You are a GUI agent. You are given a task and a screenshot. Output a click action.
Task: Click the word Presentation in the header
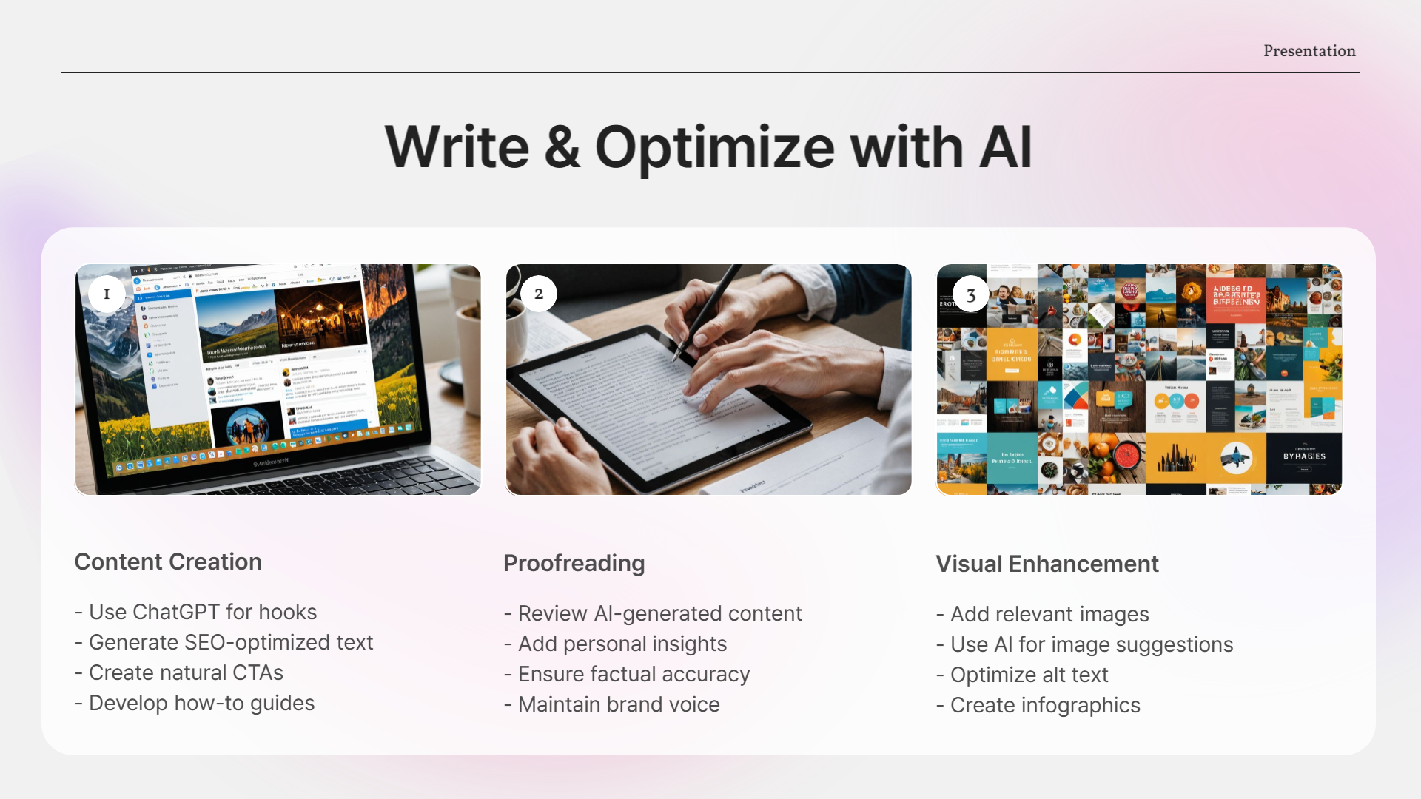(1309, 51)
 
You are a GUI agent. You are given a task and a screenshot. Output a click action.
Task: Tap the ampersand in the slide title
(562, 146)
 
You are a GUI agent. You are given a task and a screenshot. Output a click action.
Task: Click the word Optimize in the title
(715, 148)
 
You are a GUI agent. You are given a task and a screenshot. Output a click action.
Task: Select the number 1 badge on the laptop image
(107, 294)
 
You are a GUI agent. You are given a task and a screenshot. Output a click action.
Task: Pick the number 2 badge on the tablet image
(539, 294)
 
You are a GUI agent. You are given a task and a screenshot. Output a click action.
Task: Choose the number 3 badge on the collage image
(970, 294)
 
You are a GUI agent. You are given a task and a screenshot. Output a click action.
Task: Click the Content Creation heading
(168, 562)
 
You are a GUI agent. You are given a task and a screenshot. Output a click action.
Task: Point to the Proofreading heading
(574, 564)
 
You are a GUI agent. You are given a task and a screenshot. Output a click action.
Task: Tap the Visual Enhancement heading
(1047, 564)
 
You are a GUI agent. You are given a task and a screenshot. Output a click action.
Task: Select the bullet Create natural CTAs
(185, 673)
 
